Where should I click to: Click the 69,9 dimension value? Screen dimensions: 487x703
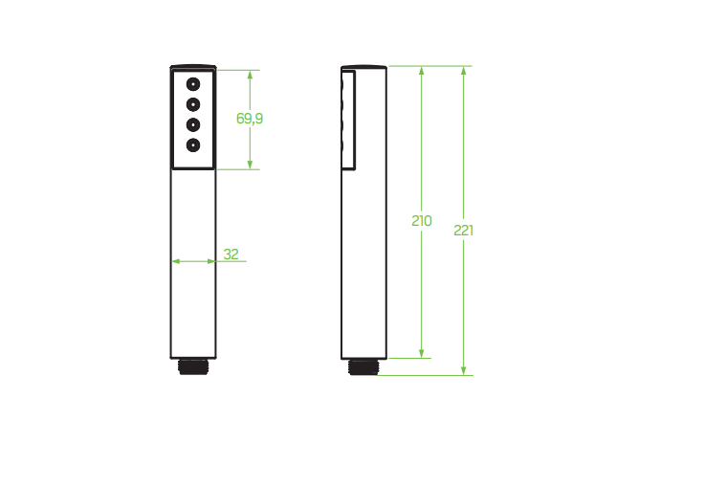250,119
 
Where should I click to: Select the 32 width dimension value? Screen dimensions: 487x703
231,255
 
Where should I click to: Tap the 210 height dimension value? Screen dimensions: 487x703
422,221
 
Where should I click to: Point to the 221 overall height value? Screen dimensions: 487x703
464,231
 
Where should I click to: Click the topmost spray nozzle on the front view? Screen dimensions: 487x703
193,83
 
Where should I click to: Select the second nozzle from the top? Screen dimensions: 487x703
193,103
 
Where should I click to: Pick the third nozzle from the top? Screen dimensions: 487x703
193,124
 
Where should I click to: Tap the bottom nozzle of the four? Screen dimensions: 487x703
193,145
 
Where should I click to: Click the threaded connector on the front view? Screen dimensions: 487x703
193,365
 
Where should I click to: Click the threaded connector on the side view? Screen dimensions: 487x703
364,366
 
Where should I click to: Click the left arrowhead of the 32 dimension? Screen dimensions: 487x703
176,260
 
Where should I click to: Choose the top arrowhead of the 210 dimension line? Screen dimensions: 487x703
422,71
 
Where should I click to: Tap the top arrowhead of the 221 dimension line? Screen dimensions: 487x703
464,71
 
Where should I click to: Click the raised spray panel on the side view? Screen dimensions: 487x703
349,120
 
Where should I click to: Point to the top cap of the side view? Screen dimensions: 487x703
364,67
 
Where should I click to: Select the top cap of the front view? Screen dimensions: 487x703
193,67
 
